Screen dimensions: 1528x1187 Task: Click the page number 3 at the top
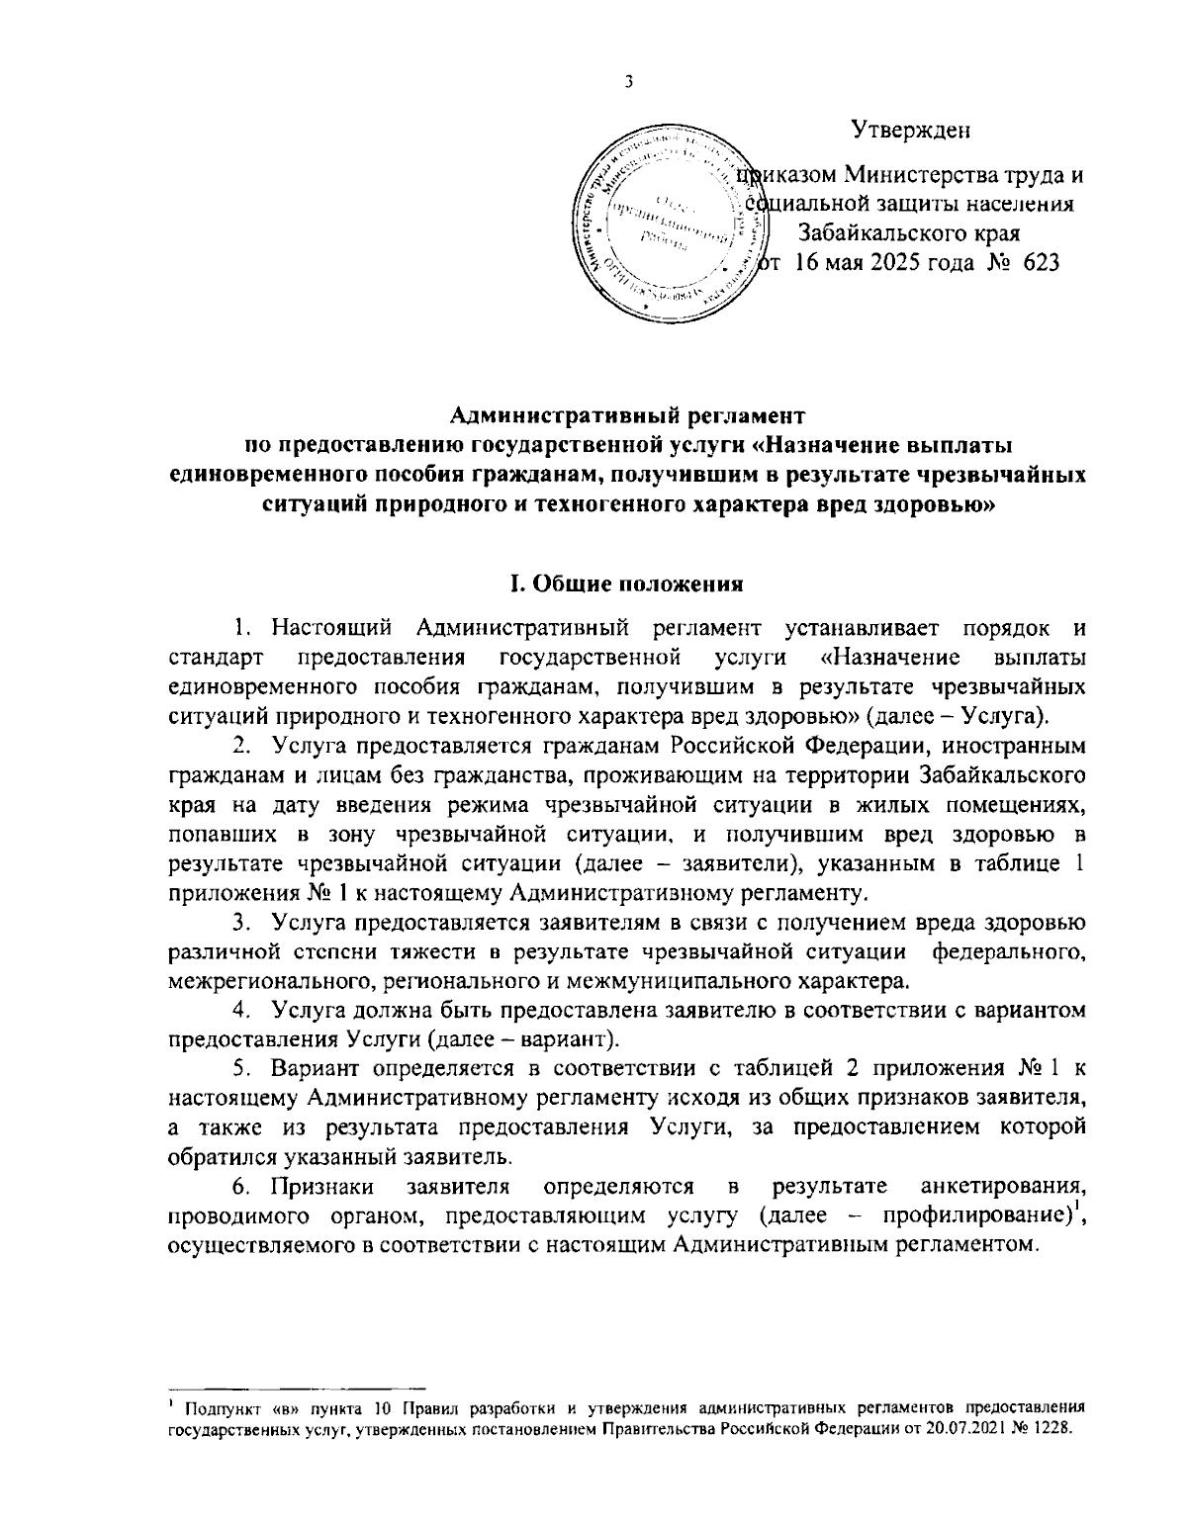click(x=629, y=83)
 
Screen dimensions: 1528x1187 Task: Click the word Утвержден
click(x=910, y=130)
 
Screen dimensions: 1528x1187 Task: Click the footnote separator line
click(x=297, y=1388)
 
